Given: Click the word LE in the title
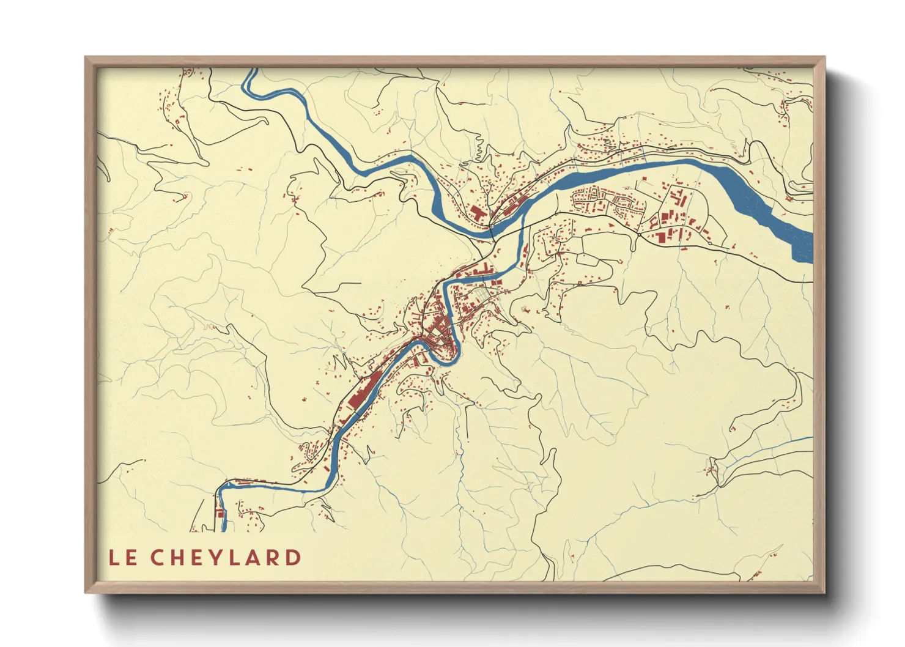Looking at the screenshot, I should pyautogui.click(x=123, y=558).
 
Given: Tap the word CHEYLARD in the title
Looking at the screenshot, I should pyautogui.click(x=226, y=558).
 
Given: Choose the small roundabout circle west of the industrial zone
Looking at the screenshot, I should pyautogui.click(x=638, y=234).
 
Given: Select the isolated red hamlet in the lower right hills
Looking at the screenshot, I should pyautogui.click(x=711, y=470).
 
